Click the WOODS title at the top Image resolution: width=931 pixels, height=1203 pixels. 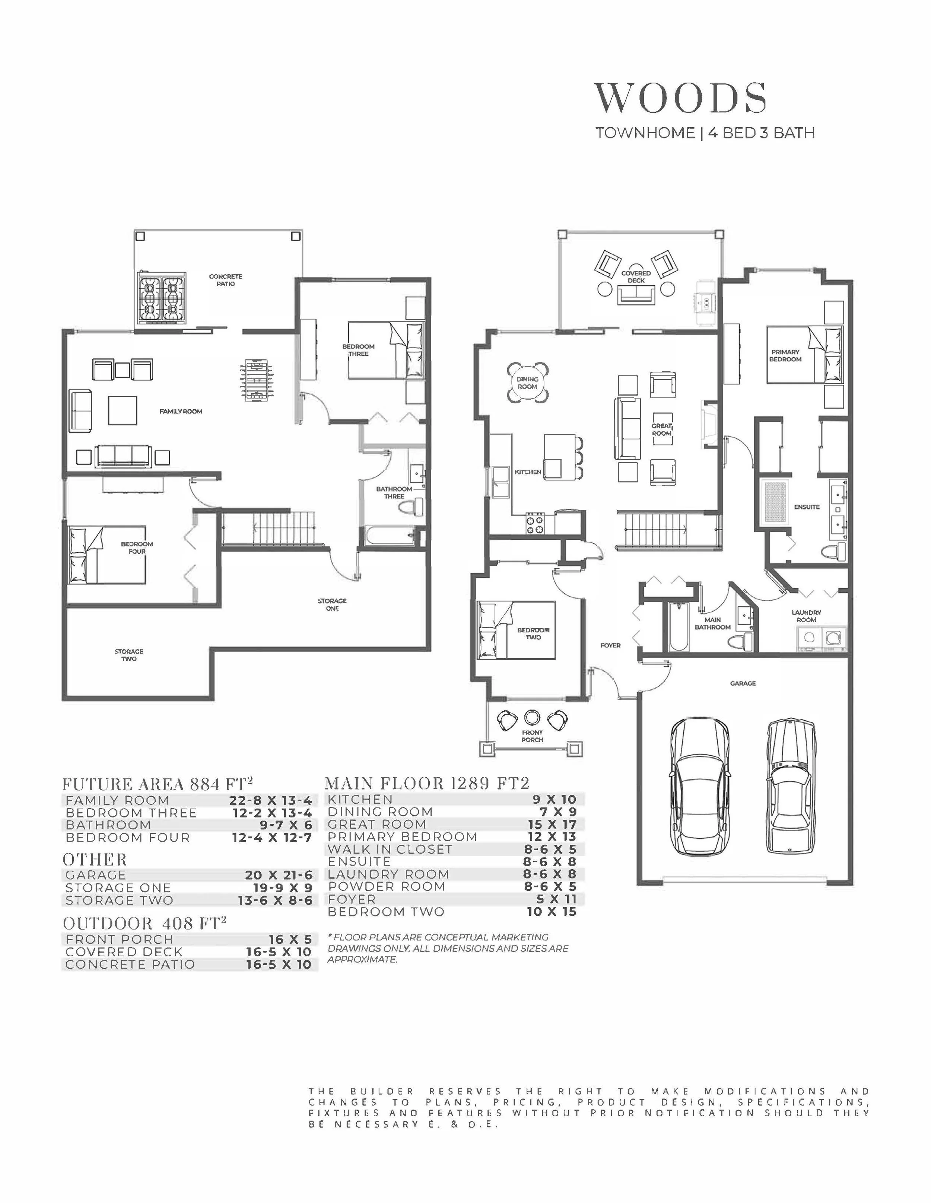point(680,98)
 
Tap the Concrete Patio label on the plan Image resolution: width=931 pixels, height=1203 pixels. point(225,280)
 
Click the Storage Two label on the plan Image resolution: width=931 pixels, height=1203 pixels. point(129,655)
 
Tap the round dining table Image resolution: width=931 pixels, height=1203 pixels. point(528,382)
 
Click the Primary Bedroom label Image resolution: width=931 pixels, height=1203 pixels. point(785,355)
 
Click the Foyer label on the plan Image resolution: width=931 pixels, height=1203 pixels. point(610,645)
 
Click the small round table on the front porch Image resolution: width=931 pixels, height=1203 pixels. point(532,717)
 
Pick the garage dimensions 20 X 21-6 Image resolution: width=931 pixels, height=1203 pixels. point(278,875)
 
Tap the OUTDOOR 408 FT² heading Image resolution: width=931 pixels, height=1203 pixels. point(145,923)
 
